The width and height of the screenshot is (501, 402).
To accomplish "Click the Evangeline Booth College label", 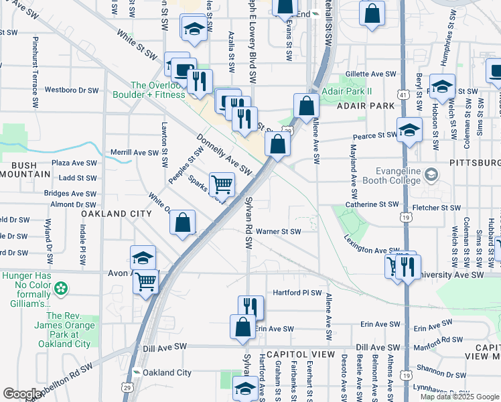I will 400,175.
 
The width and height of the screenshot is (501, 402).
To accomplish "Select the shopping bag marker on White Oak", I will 182,222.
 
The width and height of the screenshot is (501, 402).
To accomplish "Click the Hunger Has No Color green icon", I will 61,289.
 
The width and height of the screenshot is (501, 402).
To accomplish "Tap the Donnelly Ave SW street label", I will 224,155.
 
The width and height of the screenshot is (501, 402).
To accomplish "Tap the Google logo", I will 22,393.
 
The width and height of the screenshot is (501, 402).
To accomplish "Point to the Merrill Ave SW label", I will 135,152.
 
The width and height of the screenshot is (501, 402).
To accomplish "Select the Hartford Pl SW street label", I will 297,293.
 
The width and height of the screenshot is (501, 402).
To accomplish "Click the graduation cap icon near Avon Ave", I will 143,257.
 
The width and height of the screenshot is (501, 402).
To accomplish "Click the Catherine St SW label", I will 372,204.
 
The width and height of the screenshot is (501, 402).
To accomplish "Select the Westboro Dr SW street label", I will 72,89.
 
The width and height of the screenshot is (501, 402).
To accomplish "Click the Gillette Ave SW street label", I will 372,74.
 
